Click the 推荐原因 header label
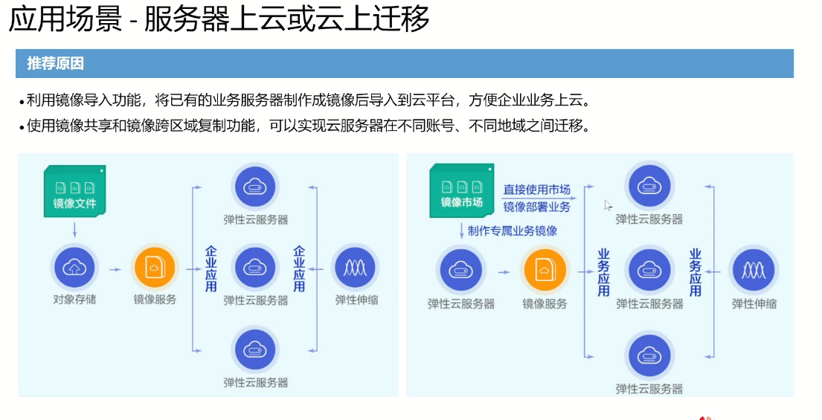tap(55, 63)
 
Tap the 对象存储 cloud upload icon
tap(74, 268)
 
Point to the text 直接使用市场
tap(536, 190)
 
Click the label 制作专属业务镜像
tap(512, 230)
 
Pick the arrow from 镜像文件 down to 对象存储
tap(74, 228)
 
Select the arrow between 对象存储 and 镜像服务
tap(115, 268)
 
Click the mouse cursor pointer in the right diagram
tap(609, 206)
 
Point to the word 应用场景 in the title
tap(65, 19)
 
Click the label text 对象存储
tap(74, 300)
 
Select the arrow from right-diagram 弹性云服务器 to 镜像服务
tap(504, 271)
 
